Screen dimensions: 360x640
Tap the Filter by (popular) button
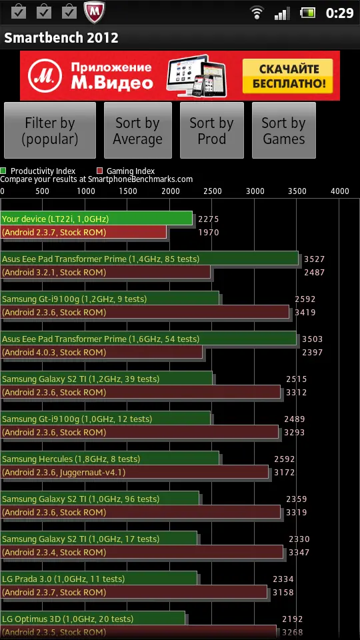(x=50, y=130)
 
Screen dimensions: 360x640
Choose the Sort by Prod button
(x=212, y=130)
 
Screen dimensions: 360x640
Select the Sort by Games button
(x=284, y=130)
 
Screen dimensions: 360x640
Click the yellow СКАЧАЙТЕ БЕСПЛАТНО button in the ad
(x=288, y=76)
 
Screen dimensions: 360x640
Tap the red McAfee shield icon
(x=95, y=12)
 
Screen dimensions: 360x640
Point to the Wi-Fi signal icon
(x=257, y=13)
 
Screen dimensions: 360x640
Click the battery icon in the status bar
(x=309, y=13)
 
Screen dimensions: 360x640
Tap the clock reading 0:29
(x=339, y=13)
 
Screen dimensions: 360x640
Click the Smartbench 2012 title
(x=61, y=38)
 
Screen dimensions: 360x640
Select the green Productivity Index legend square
(x=3, y=171)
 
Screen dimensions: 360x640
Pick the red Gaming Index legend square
(x=99, y=171)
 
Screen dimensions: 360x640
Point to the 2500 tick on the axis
(x=212, y=191)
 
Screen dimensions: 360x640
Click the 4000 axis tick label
(x=339, y=191)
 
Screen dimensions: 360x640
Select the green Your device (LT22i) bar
(x=96, y=219)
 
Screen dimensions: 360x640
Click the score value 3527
(x=314, y=259)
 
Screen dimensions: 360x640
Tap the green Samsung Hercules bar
(x=109, y=459)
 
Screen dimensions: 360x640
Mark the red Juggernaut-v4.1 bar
(x=134, y=473)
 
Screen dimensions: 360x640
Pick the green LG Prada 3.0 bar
(x=99, y=579)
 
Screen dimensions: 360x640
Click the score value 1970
(x=209, y=233)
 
